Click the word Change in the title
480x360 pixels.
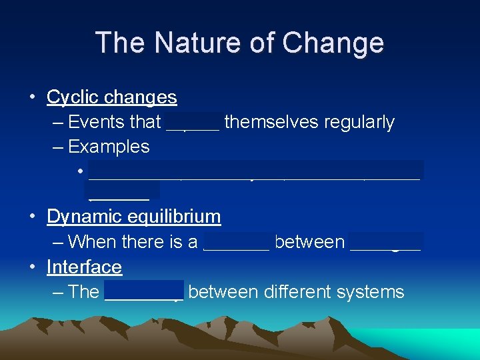click(333, 43)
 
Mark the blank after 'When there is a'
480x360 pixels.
click(236, 242)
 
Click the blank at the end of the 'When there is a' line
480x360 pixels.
click(386, 242)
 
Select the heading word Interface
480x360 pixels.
click(84, 267)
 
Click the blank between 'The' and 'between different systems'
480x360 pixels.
click(144, 293)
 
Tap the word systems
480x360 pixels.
click(374, 292)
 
